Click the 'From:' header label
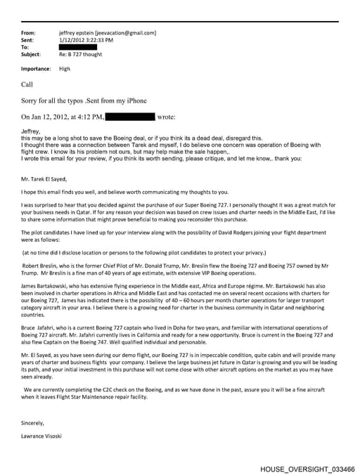tap(28, 33)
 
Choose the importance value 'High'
tap(65, 69)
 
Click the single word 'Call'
tap(27, 84)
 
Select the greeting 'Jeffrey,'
tap(32, 131)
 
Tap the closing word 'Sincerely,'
tap(34, 422)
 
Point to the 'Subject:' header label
tap(31, 54)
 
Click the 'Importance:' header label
tap(36, 69)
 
